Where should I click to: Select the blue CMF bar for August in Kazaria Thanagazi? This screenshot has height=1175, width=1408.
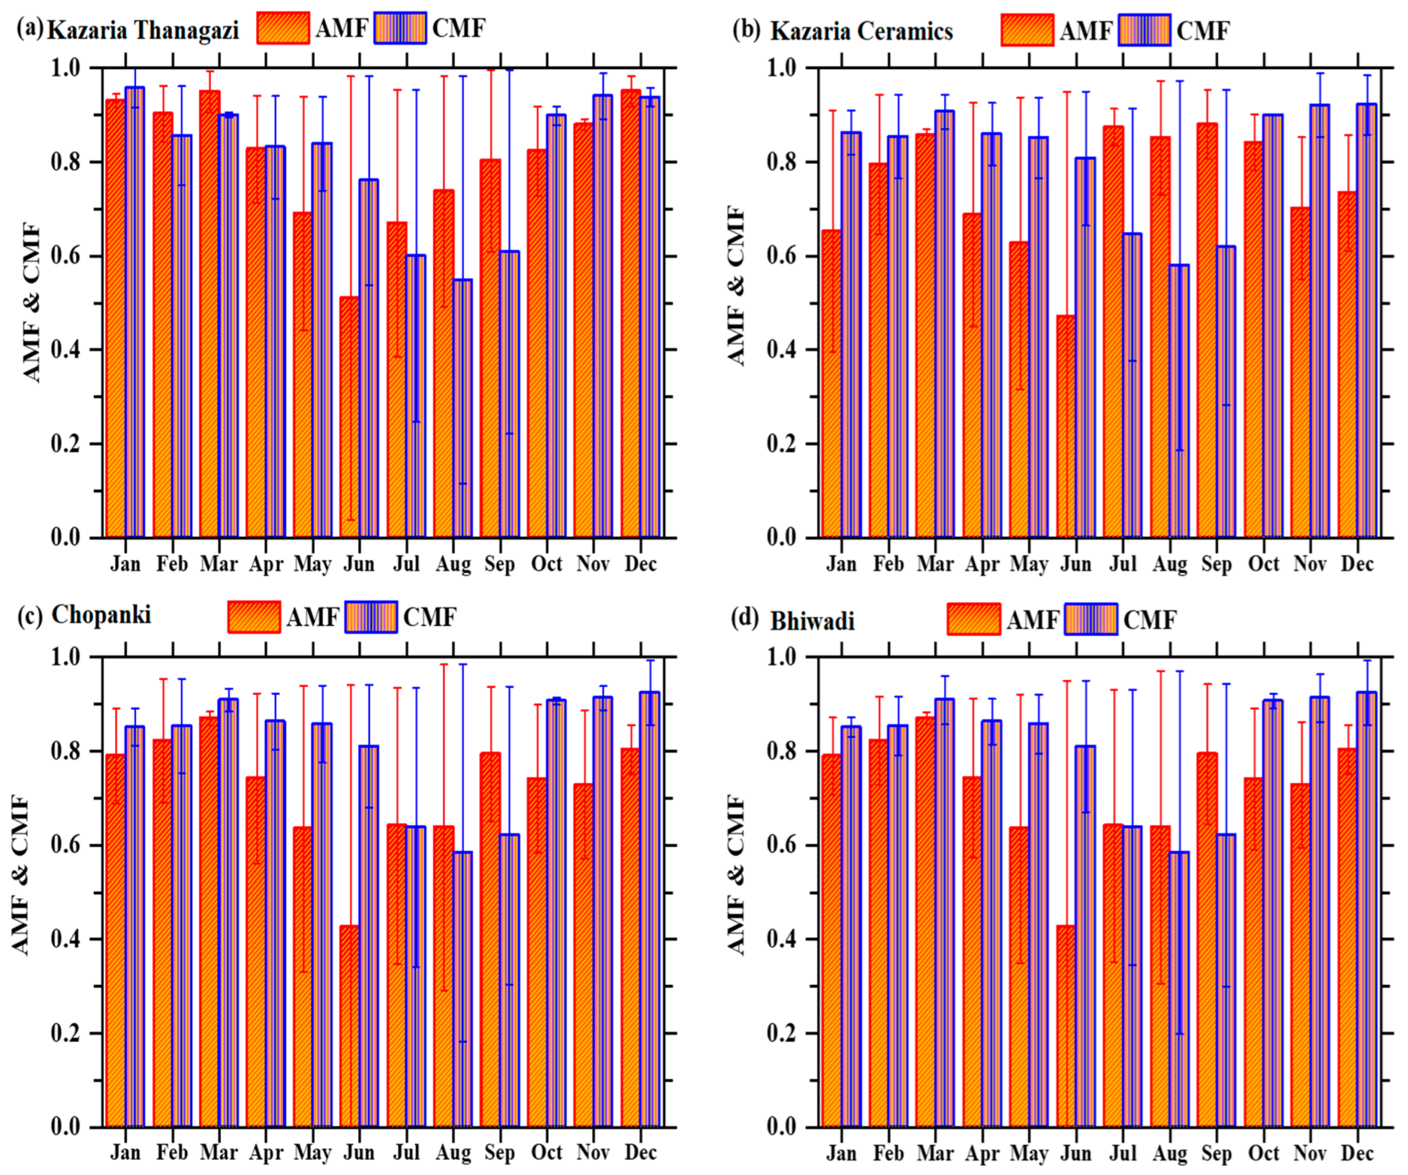pyautogui.click(x=463, y=408)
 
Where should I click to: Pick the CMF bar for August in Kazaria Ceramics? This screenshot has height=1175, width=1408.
pyautogui.click(x=1180, y=400)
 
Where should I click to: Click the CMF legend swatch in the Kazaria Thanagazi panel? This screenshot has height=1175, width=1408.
pyautogui.click(x=400, y=28)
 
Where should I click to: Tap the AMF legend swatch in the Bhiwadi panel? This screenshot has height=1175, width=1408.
pyautogui.click(x=974, y=618)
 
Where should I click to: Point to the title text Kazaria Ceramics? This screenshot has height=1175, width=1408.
pyautogui.click(x=861, y=31)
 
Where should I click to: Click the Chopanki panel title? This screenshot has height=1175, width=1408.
pyautogui.click(x=101, y=614)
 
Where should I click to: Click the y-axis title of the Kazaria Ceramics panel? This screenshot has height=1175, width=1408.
pyautogui.click(x=736, y=286)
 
